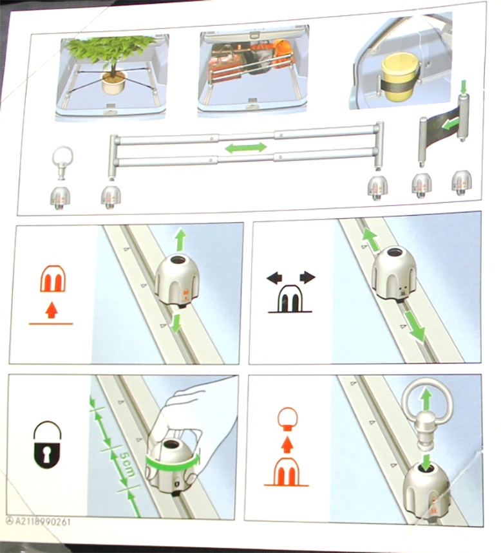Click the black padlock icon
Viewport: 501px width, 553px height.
47,445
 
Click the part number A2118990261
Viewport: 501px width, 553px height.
43,521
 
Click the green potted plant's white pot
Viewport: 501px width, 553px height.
114,83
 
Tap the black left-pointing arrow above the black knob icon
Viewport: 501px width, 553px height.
274,277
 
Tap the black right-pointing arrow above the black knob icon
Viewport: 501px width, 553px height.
307,277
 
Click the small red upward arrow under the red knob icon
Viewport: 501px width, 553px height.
52,310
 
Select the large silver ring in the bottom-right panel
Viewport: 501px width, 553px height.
426,402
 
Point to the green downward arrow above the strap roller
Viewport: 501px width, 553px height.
463,88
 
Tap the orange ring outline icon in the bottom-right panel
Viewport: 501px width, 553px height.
288,418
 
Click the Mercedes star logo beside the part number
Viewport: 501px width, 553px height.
10,521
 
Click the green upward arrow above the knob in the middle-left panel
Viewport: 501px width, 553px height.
180,239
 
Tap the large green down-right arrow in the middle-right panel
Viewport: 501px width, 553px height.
414,327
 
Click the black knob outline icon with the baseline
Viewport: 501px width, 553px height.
289,299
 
